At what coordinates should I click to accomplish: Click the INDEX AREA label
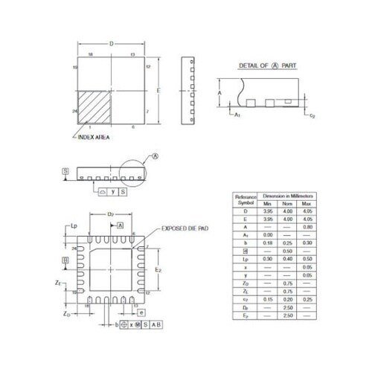pos(97,146)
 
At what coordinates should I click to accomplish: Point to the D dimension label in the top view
pos(111,45)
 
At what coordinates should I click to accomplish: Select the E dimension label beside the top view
pos(158,89)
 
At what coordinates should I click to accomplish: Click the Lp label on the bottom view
pos(74,225)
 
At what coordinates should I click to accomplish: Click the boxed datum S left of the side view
pos(65,172)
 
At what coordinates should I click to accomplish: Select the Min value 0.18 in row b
pos(268,243)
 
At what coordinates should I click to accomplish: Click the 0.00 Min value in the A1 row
pos(268,234)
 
